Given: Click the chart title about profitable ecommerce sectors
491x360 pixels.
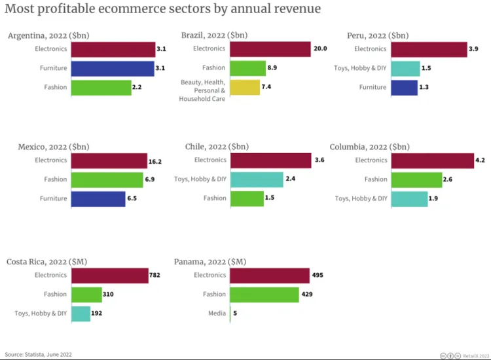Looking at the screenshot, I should pyautogui.click(x=163, y=9).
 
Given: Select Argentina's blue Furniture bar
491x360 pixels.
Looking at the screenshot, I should pyautogui.click(x=112, y=68).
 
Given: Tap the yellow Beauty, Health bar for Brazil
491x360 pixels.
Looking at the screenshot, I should pyautogui.click(x=245, y=87).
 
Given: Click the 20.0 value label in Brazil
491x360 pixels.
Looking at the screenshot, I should pyautogui.click(x=320, y=49).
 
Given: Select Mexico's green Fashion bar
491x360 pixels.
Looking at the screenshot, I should pyautogui.click(x=107, y=180).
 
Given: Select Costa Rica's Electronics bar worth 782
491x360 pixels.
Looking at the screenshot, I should pyautogui.click(x=109, y=276).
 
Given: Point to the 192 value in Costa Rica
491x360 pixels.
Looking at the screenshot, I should pyautogui.click(x=96, y=314).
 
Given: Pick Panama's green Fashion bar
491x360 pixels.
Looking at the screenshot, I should pyautogui.click(x=264, y=295).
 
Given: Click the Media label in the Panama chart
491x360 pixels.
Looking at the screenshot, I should pyautogui.click(x=217, y=314).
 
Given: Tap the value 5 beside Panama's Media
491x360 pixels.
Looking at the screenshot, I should pyautogui.click(x=235, y=314).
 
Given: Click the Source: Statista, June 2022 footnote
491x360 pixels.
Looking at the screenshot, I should pyautogui.click(x=39, y=354).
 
